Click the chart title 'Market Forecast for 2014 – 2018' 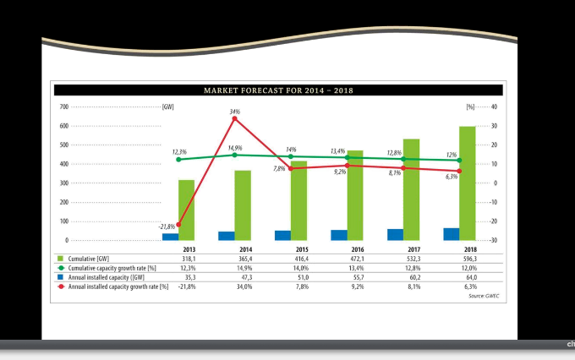click(x=278, y=90)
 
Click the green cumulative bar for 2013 click(x=186, y=210)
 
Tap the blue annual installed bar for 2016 click(x=338, y=235)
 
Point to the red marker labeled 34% click(x=234, y=118)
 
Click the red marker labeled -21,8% click(x=178, y=225)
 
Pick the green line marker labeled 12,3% click(x=178, y=159)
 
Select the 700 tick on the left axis click(x=63, y=106)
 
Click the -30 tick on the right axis click(x=494, y=241)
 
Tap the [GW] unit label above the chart click(x=168, y=106)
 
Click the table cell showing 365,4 click(x=245, y=259)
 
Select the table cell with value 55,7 click(x=357, y=277)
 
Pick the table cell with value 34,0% click(x=245, y=286)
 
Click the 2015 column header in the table click(x=301, y=249)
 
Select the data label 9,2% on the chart click(x=340, y=172)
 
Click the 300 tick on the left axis click(x=63, y=183)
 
